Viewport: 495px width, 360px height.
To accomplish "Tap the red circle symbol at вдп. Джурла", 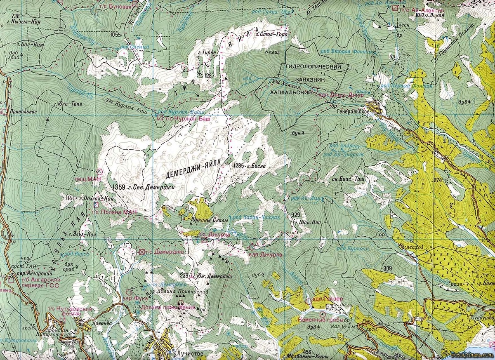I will [x=252, y=247].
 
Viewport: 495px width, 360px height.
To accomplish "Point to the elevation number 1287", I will [x=210, y=75].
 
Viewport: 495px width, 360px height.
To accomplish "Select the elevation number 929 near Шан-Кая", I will [x=295, y=215].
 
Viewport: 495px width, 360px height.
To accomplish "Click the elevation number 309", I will [x=387, y=269].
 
